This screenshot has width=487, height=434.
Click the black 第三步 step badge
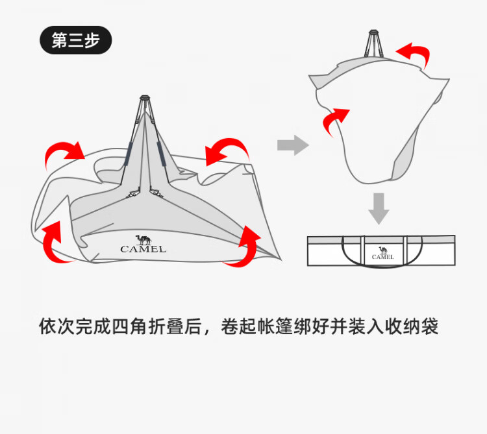click(76, 40)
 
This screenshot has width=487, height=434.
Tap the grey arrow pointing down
click(379, 208)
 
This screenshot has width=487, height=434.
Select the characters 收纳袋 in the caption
click(413, 326)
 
